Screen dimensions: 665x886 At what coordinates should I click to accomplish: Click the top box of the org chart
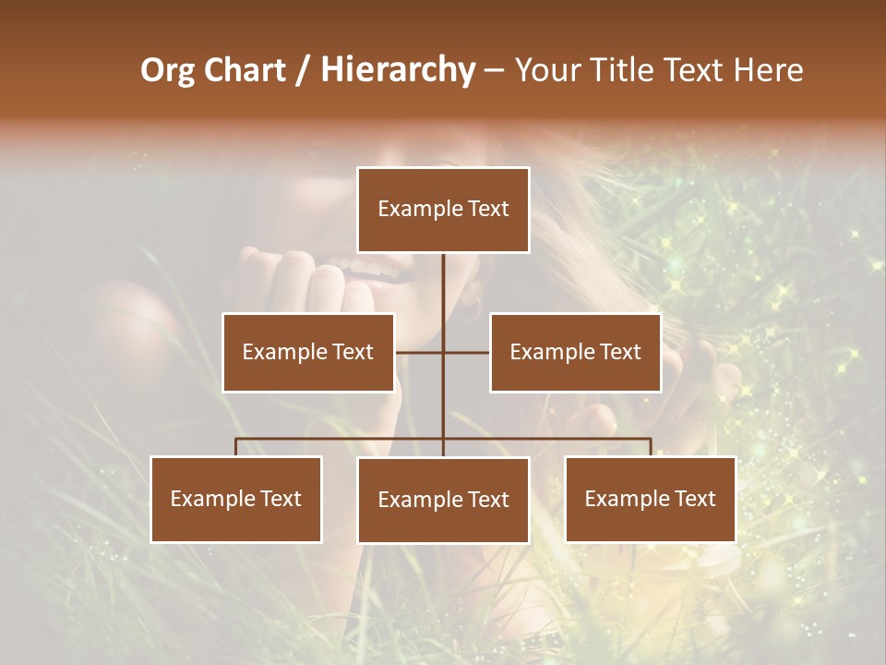point(443,210)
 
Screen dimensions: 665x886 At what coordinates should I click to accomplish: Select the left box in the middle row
point(308,352)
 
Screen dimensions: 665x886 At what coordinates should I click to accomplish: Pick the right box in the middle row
point(575,352)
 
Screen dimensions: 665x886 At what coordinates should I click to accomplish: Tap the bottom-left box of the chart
point(236,499)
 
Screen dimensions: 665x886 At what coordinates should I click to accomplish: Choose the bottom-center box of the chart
point(443,500)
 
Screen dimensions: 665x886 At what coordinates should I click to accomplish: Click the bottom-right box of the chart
point(651,499)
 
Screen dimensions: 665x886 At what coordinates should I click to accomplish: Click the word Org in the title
point(168,70)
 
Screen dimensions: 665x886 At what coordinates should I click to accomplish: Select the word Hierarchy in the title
point(397,70)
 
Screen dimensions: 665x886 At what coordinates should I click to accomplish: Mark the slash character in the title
point(303,70)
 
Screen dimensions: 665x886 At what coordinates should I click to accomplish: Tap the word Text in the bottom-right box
point(695,499)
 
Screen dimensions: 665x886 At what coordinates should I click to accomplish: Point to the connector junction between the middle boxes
point(443,352)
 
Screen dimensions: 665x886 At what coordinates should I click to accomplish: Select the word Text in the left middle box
point(353,352)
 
